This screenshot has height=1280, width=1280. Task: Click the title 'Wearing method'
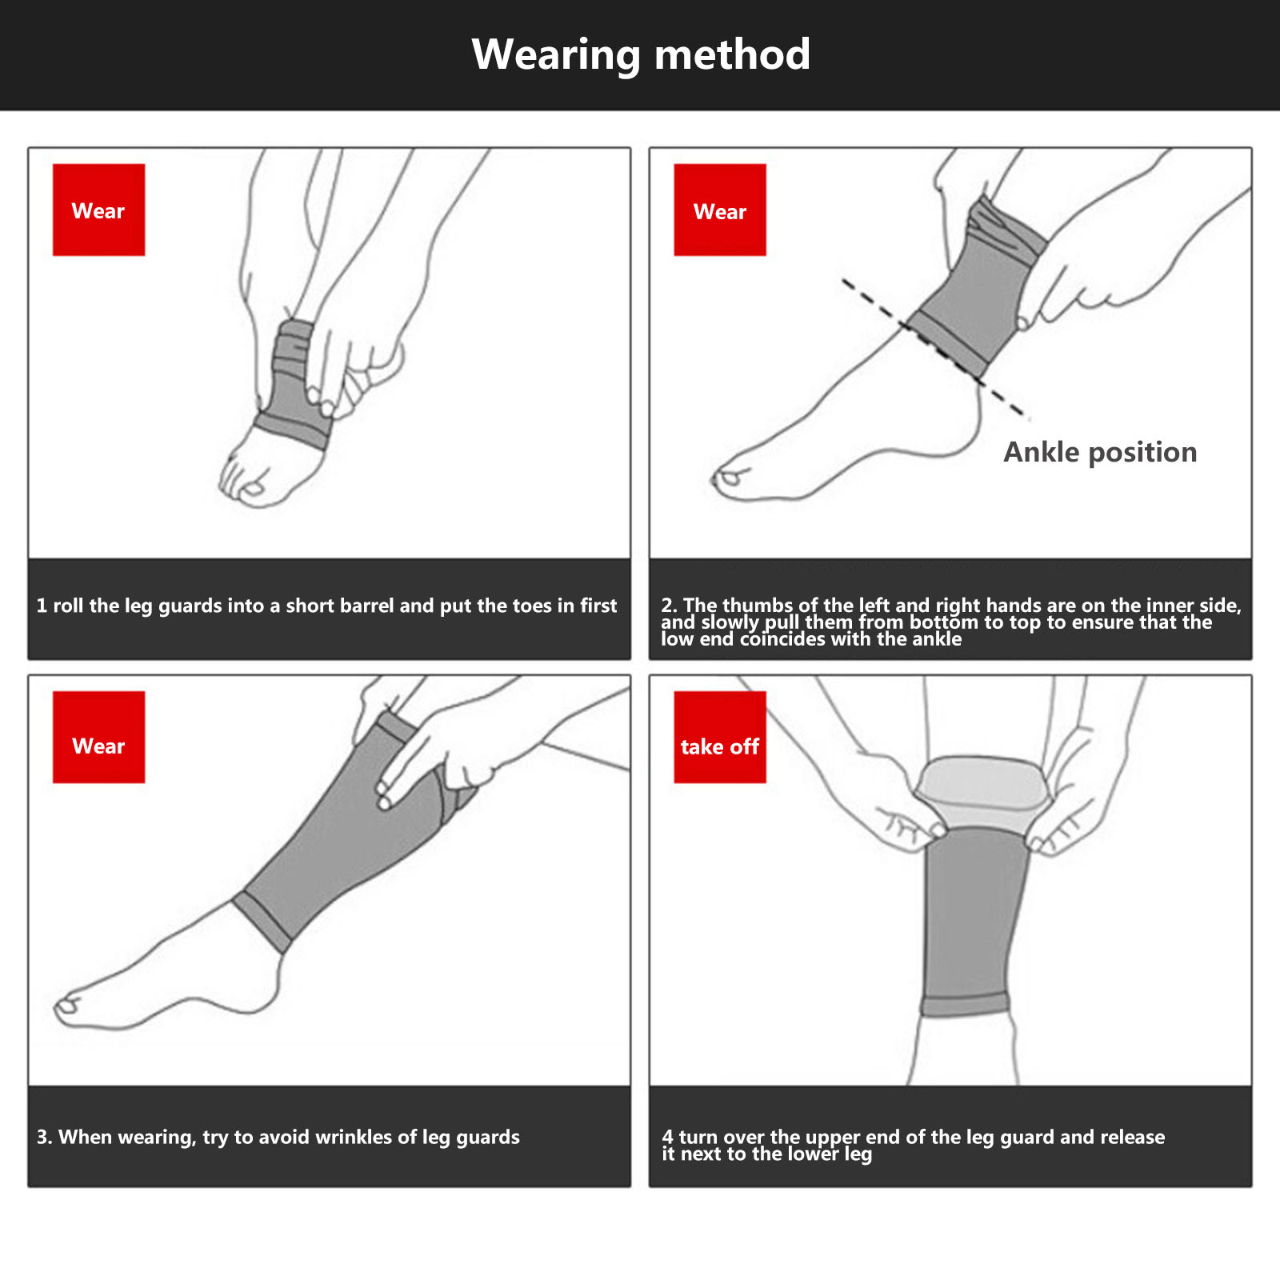point(641,54)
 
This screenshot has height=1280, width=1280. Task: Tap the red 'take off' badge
point(720,737)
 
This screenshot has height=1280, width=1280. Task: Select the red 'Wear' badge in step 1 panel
point(98,210)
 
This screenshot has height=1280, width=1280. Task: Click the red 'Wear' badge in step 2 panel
point(720,210)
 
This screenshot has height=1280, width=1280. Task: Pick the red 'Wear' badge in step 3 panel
point(98,737)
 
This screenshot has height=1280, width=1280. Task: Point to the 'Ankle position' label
point(1100,452)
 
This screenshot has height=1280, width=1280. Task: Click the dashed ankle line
point(934,348)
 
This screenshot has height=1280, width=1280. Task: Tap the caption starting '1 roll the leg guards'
point(326,606)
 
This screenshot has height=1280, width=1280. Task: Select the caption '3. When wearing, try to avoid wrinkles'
point(278,1137)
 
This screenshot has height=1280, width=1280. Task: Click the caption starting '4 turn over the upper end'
point(913,1145)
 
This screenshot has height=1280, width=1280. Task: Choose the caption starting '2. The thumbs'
point(950,622)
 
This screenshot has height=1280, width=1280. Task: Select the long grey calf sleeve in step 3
point(344,840)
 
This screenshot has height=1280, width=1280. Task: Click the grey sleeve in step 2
point(978,288)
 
